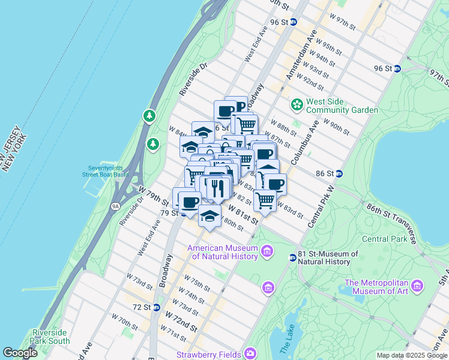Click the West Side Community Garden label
[x=342, y=106]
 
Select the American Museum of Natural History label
[x=223, y=252]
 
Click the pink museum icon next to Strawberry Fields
[x=250, y=353]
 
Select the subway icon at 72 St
[x=156, y=307]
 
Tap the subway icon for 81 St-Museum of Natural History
[x=292, y=257]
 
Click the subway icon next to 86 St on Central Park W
[x=339, y=173]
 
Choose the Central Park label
[x=384, y=239]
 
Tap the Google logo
[x=20, y=353]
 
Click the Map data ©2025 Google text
[x=412, y=355]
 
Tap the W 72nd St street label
[x=182, y=326]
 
